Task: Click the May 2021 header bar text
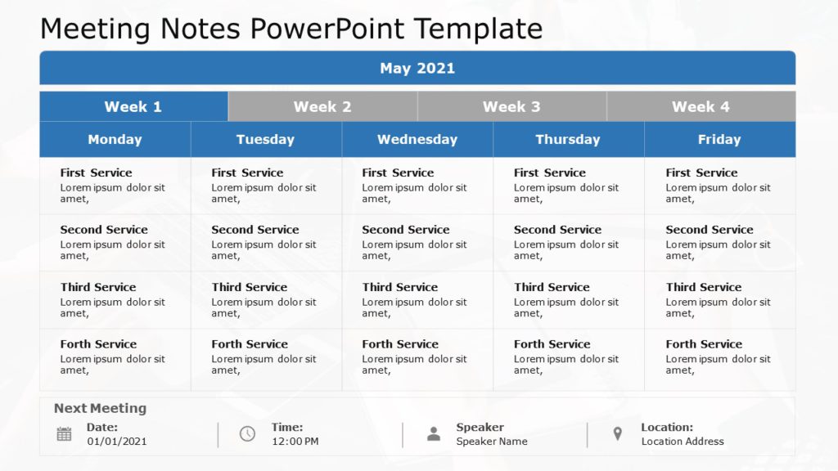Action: [417, 69]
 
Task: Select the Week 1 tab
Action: [133, 106]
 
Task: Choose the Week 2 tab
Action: [322, 106]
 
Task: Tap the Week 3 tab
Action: [511, 106]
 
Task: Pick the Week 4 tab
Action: [701, 106]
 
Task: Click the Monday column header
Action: [115, 140]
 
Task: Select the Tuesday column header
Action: [265, 140]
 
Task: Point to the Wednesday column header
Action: [417, 140]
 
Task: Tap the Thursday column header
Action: [568, 140]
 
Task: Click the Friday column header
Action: [719, 140]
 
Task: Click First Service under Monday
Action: [96, 173]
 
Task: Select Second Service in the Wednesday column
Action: [406, 230]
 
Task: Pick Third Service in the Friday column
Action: [704, 287]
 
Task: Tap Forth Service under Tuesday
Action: [250, 344]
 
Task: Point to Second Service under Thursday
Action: [557, 230]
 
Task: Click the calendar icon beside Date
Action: [64, 434]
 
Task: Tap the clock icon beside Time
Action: [247, 434]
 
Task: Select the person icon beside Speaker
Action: [434, 434]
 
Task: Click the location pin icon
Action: [618, 434]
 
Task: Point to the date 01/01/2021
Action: [117, 442]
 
